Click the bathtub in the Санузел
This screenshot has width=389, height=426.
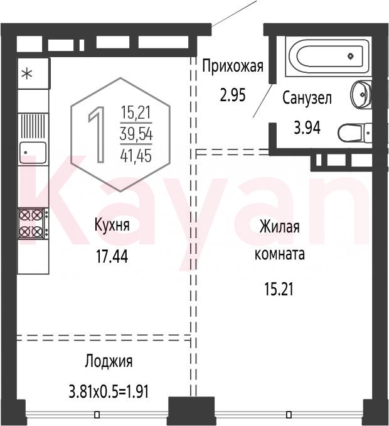[328, 57]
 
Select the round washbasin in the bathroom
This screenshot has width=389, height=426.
[361, 94]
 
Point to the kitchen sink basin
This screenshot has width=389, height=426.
[33, 153]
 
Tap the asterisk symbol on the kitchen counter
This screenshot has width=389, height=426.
[27, 74]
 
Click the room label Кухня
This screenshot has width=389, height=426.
[112, 225]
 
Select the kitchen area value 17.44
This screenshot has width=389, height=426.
[112, 256]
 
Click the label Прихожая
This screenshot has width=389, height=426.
[233, 66]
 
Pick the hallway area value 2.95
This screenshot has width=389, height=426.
[233, 95]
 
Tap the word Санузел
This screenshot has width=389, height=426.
[307, 98]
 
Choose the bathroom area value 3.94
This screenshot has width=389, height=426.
[307, 128]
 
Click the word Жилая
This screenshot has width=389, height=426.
[279, 227]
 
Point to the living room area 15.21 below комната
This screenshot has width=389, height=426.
[279, 289]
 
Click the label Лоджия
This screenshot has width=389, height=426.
[109, 362]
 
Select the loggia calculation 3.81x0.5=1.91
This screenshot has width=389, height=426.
[109, 392]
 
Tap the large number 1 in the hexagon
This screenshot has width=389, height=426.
[97, 134]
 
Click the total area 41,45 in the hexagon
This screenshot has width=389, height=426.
[136, 156]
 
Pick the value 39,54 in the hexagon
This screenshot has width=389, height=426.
[136, 134]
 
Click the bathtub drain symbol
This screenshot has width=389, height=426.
[351, 57]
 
